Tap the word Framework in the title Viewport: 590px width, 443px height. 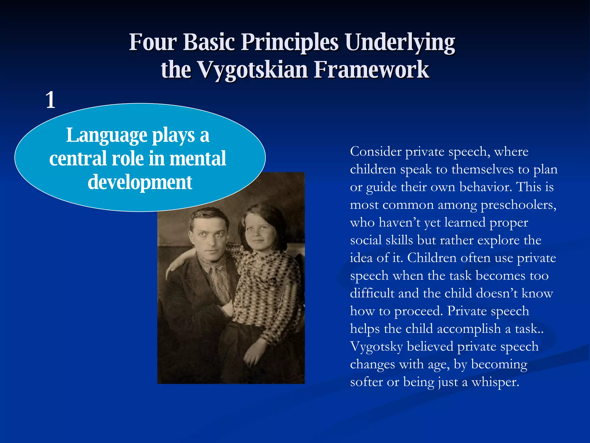(371, 70)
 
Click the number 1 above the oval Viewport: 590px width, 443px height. (50, 100)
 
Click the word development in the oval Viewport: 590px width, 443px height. (140, 182)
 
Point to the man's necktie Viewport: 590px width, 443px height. (220, 284)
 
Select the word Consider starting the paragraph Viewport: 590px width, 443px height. (376, 152)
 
